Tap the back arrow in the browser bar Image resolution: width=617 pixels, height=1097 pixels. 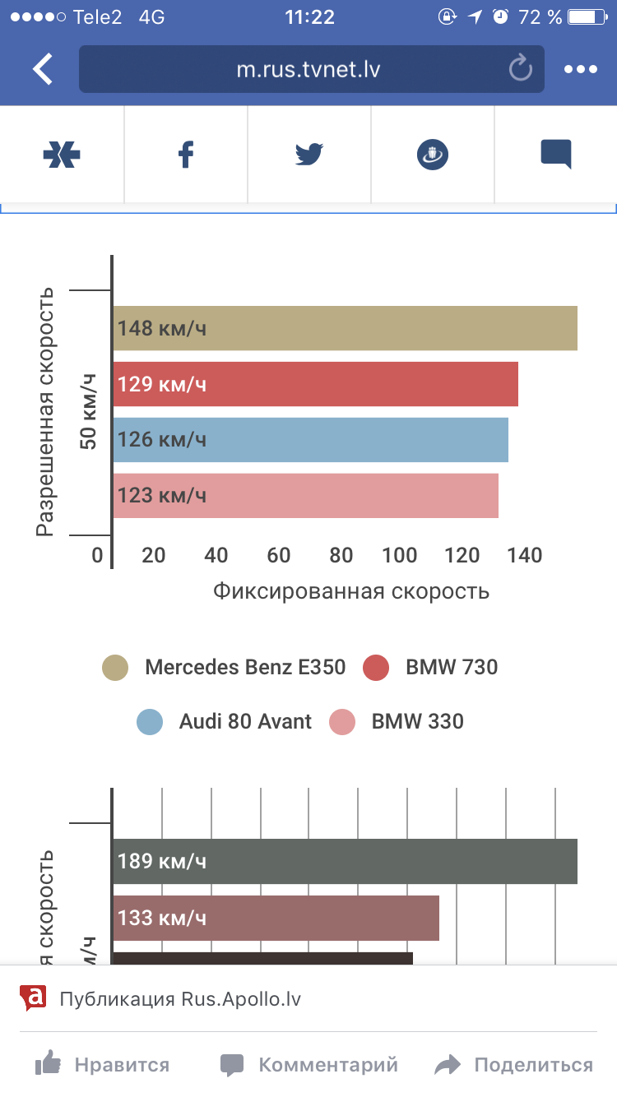coord(43,69)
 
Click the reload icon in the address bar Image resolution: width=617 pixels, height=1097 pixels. coord(520,69)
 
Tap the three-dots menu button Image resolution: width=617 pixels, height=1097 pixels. coord(580,69)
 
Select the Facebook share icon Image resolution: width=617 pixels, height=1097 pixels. coord(186,155)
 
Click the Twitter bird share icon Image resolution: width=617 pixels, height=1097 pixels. coord(309,155)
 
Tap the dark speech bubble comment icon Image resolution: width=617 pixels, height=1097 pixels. coord(556,155)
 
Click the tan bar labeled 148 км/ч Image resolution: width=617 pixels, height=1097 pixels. coord(345,328)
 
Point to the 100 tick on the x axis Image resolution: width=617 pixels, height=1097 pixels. coord(400,556)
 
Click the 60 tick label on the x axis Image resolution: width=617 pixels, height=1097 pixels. coord(279,556)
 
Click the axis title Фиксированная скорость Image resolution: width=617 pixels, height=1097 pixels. coord(351,591)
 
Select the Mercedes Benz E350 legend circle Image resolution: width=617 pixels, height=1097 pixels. coord(115,667)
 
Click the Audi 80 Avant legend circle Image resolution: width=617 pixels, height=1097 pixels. coord(150,723)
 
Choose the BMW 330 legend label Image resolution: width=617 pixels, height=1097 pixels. coord(417,723)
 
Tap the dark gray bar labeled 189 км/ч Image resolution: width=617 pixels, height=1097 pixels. coord(345,861)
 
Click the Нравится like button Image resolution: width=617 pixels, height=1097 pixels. coord(103,1066)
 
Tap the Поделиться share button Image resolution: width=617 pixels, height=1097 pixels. coord(514,1066)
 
